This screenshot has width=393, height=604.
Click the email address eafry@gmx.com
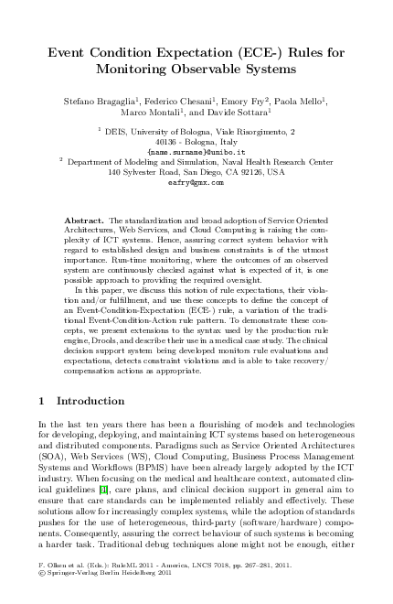[196, 182]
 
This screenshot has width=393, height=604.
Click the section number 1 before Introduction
[42, 401]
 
